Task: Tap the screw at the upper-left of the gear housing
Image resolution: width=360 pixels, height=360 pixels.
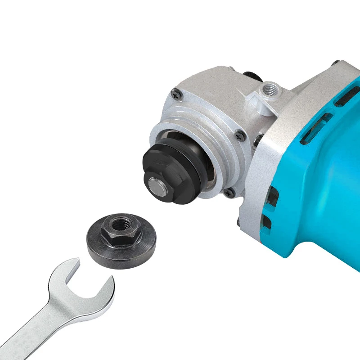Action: pyautogui.click(x=174, y=94)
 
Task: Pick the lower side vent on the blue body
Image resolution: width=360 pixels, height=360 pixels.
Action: pyautogui.click(x=267, y=222)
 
